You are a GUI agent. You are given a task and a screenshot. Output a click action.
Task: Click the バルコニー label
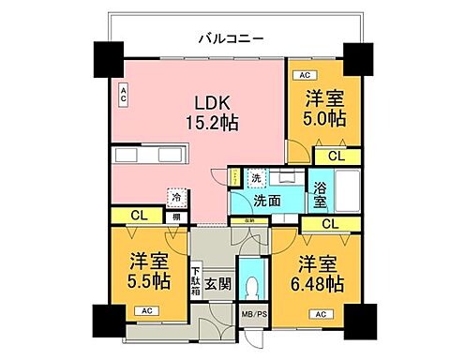(230, 38)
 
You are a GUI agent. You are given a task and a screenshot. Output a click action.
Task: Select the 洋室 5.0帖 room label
(324, 108)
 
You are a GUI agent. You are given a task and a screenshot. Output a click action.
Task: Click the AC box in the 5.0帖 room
(304, 74)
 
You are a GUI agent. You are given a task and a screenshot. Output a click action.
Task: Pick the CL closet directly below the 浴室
(329, 223)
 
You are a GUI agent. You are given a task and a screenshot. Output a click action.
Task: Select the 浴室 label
(321, 193)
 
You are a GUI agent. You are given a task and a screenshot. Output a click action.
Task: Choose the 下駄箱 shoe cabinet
(198, 282)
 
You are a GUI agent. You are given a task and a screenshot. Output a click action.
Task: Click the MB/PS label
(253, 315)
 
